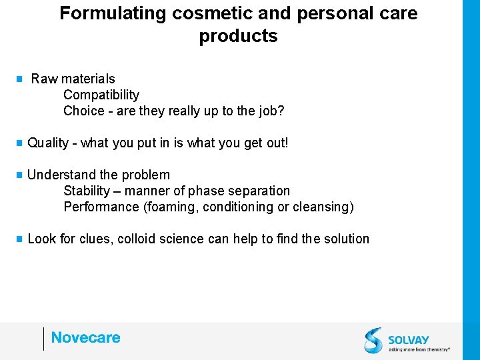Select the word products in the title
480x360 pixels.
238,36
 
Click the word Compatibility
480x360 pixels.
101,95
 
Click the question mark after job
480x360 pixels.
281,111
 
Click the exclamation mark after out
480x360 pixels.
286,143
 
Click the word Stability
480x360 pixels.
86,191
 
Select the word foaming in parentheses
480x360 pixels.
170,207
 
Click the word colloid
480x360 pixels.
137,239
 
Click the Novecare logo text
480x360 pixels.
86,338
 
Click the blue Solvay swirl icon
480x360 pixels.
373,340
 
